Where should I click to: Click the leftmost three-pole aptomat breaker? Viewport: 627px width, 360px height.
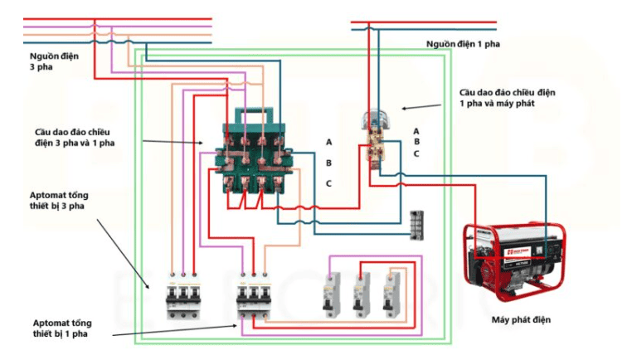click(x=182, y=293)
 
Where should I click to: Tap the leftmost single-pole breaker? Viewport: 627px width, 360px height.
click(x=330, y=294)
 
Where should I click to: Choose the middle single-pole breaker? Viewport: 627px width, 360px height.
click(x=361, y=294)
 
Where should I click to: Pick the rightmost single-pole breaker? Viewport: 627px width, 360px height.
click(x=389, y=294)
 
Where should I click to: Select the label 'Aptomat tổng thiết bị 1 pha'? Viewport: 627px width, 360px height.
click(x=66, y=327)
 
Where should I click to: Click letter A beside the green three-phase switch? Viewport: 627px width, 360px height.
click(x=328, y=142)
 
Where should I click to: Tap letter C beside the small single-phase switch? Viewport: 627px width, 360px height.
click(x=416, y=153)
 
